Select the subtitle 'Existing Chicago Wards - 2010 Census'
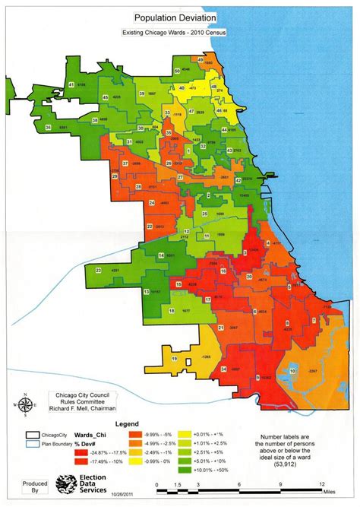[x=175, y=33]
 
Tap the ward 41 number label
[x=71, y=84]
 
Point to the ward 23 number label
[x=99, y=270]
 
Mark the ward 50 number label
[x=177, y=71]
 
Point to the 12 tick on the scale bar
[x=322, y=484]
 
